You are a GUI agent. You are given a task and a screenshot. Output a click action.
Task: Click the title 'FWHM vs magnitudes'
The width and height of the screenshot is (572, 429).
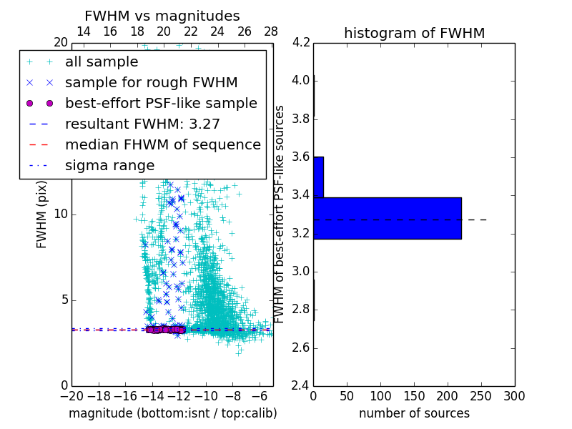(162, 16)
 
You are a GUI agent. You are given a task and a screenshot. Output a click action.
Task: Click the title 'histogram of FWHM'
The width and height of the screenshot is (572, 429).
(414, 33)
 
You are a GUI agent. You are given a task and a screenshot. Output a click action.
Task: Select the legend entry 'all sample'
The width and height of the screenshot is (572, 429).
(102, 62)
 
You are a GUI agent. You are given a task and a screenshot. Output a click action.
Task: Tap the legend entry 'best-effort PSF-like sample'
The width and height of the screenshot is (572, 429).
(161, 104)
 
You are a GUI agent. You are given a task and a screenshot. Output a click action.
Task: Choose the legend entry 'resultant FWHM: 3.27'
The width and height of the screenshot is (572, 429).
(142, 124)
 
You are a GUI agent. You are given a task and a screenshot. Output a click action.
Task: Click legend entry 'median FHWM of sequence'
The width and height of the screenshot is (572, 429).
(162, 145)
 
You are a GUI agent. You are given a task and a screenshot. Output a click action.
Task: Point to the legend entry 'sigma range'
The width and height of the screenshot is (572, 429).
(109, 166)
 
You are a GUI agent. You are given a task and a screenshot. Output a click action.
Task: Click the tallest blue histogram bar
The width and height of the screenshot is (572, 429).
(387, 218)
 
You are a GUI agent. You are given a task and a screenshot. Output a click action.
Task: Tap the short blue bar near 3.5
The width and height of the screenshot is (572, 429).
(318, 177)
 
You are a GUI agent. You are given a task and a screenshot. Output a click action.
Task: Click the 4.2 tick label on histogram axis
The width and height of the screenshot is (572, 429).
(302, 42)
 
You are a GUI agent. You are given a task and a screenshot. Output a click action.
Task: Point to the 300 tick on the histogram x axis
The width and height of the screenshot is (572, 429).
(514, 396)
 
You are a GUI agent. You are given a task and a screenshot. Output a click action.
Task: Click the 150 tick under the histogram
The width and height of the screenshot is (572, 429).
(414, 396)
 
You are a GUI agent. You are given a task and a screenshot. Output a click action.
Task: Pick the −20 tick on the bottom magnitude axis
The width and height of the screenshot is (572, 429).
(71, 396)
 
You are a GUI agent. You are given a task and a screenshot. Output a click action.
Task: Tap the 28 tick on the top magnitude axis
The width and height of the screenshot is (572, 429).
(271, 31)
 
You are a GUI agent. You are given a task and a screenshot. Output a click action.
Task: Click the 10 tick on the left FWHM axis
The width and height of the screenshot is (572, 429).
(61, 214)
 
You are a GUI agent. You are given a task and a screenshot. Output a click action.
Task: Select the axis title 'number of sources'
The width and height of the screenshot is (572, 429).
(414, 413)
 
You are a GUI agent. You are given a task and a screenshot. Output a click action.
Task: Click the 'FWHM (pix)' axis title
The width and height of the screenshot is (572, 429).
(42, 214)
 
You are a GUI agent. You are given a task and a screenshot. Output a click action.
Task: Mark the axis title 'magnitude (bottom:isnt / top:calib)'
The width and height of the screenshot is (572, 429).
(172, 413)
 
